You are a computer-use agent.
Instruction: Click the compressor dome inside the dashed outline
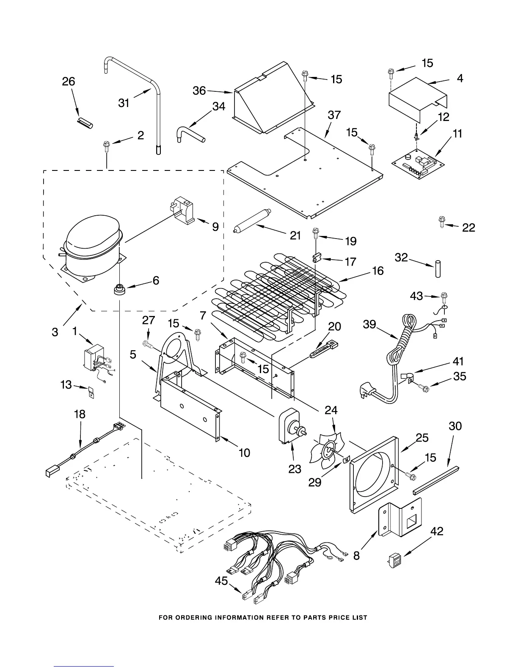point(91,235)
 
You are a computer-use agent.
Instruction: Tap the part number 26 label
point(69,82)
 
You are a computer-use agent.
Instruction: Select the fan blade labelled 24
point(326,450)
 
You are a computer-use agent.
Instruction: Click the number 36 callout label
point(199,90)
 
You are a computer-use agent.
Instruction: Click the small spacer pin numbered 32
point(436,269)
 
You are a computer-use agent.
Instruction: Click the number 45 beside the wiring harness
point(221,581)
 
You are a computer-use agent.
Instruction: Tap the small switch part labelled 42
point(394,559)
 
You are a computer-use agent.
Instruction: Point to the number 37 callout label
point(334,115)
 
